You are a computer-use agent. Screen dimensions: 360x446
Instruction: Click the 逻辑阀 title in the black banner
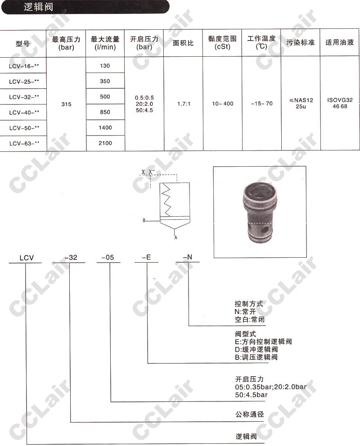pyautogui.click(x=38, y=7)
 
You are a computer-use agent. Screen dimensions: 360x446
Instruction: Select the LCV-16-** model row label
pyautogui.click(x=24, y=66)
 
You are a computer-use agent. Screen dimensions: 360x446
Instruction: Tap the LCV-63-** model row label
pyautogui.click(x=24, y=143)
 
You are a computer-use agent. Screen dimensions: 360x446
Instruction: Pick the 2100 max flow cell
pyautogui.click(x=105, y=143)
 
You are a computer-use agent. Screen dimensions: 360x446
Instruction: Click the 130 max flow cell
pyautogui.click(x=105, y=66)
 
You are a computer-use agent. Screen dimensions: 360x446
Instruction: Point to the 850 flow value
pyautogui.click(x=105, y=112)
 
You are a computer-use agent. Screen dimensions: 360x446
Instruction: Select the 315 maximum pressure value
pyautogui.click(x=66, y=104)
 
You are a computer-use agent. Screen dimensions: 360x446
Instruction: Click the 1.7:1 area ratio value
pyautogui.click(x=184, y=104)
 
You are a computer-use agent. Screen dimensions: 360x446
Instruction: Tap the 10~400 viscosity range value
pyautogui.click(x=222, y=104)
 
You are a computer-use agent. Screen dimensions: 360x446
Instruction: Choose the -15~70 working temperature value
pyautogui.click(x=261, y=104)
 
